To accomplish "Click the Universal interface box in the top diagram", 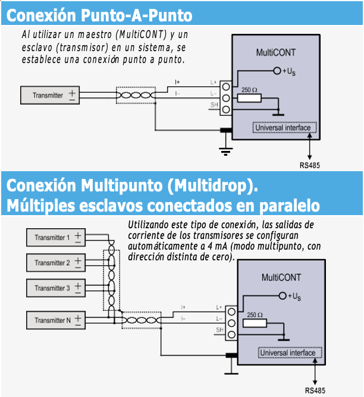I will pyautogui.click(x=284, y=127).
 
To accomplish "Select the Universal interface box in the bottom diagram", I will pyautogui.click(x=290, y=352).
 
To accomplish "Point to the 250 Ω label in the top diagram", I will pyautogui.click(x=249, y=90).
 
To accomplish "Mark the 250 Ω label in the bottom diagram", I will pyautogui.click(x=255, y=314).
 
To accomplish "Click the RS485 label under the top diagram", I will pyautogui.click(x=309, y=165).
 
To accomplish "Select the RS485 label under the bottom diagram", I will pyautogui.click(x=315, y=390).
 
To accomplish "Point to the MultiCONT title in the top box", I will pyautogui.click(x=275, y=52).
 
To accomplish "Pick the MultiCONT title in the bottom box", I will pyautogui.click(x=281, y=278).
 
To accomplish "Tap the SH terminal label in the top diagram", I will pyautogui.click(x=214, y=105).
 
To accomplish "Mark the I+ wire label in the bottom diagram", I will pyautogui.click(x=183, y=307).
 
